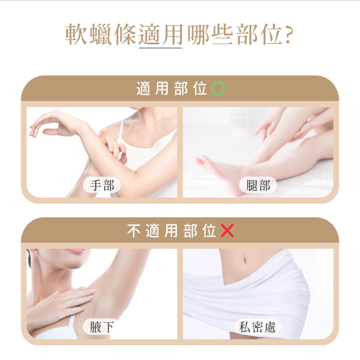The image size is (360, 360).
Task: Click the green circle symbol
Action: click(218, 89)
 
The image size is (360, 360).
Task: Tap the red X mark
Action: click(227, 231)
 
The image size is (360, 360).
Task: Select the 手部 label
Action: click(102, 185)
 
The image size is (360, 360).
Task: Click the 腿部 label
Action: click(258, 185)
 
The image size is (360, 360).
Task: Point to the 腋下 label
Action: click(102, 327)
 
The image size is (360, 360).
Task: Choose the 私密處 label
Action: click(258, 327)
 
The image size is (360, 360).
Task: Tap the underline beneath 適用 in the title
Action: click(161, 48)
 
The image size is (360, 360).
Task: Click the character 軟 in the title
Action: click(76, 34)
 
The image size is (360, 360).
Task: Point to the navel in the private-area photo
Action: click(244, 260)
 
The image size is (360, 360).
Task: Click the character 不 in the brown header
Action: click(134, 231)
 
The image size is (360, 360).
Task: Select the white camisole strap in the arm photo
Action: click(121, 129)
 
